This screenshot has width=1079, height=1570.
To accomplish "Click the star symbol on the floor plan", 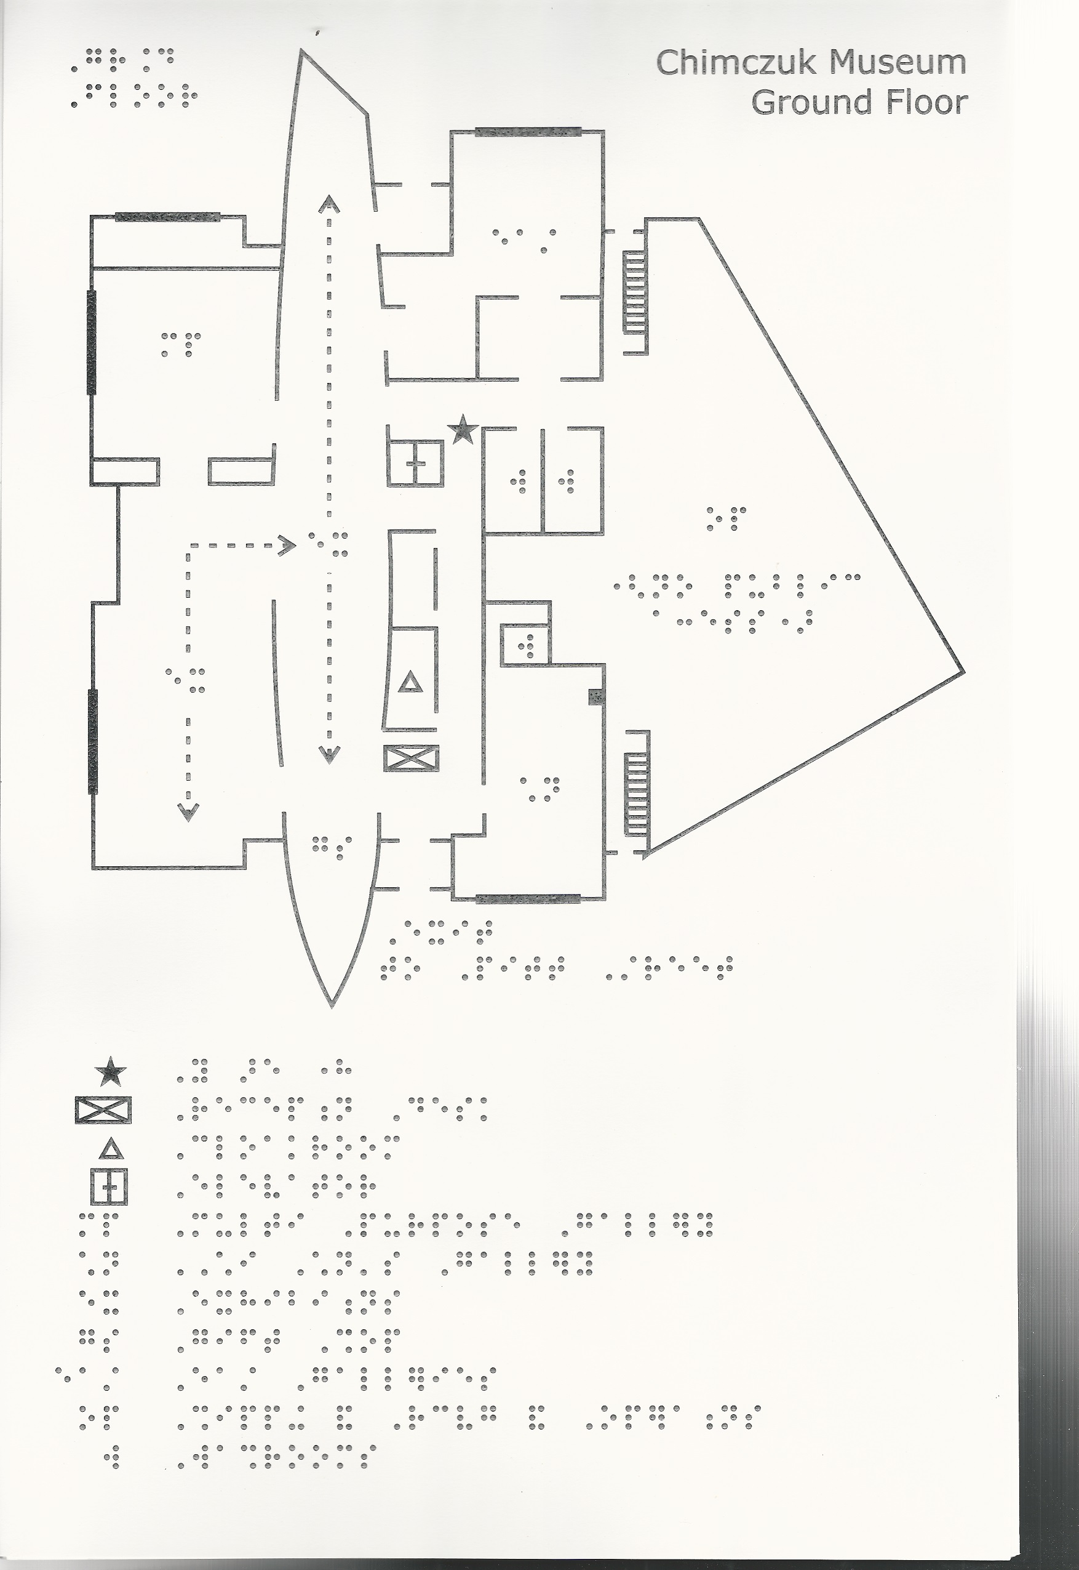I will pyautogui.click(x=464, y=430).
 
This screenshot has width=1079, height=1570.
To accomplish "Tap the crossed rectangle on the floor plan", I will pyautogui.click(x=411, y=758).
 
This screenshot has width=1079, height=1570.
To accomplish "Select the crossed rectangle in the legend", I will pyautogui.click(x=103, y=1110).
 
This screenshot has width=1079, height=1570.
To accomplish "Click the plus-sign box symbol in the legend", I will pyautogui.click(x=109, y=1186).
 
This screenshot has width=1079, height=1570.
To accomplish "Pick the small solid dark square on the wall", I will pyautogui.click(x=595, y=697).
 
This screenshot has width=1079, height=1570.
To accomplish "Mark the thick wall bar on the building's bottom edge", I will pyautogui.click(x=528, y=898).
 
